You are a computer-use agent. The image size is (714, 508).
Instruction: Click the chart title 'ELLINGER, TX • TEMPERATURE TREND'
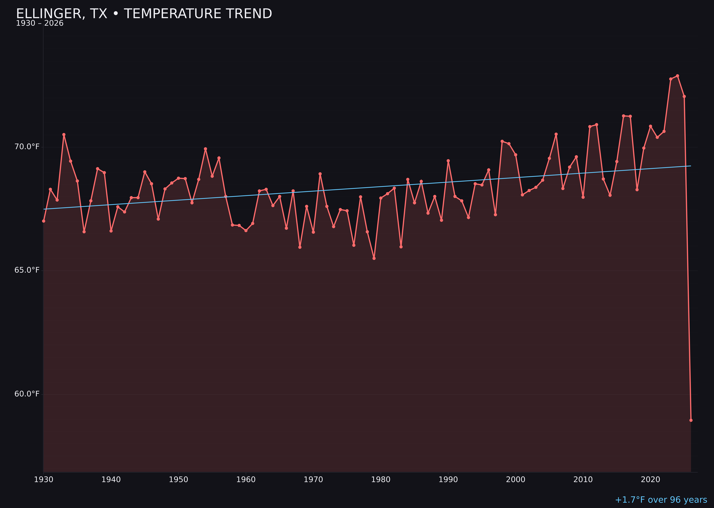coord(144,14)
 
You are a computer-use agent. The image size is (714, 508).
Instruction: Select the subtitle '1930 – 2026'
coord(40,23)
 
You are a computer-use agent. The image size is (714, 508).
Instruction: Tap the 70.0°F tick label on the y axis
coord(27,147)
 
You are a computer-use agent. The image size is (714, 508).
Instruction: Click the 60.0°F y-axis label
coord(27,394)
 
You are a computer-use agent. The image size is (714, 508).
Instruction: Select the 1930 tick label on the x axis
coord(43,480)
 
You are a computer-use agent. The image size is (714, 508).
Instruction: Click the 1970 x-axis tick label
coord(313,480)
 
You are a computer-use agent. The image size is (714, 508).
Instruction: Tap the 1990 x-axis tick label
coord(448,480)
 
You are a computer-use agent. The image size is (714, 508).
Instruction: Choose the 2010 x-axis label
coord(583,480)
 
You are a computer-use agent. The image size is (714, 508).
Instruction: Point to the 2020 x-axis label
coord(650,480)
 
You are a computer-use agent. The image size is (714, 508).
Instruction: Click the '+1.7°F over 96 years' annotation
coord(661,500)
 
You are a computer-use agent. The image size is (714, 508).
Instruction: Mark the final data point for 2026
coord(691,420)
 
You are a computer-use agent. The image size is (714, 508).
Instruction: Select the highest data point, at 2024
coord(677,76)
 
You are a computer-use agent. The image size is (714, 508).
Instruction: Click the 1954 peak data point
coord(205,149)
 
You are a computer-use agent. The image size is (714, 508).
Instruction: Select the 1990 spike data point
coord(448,161)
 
